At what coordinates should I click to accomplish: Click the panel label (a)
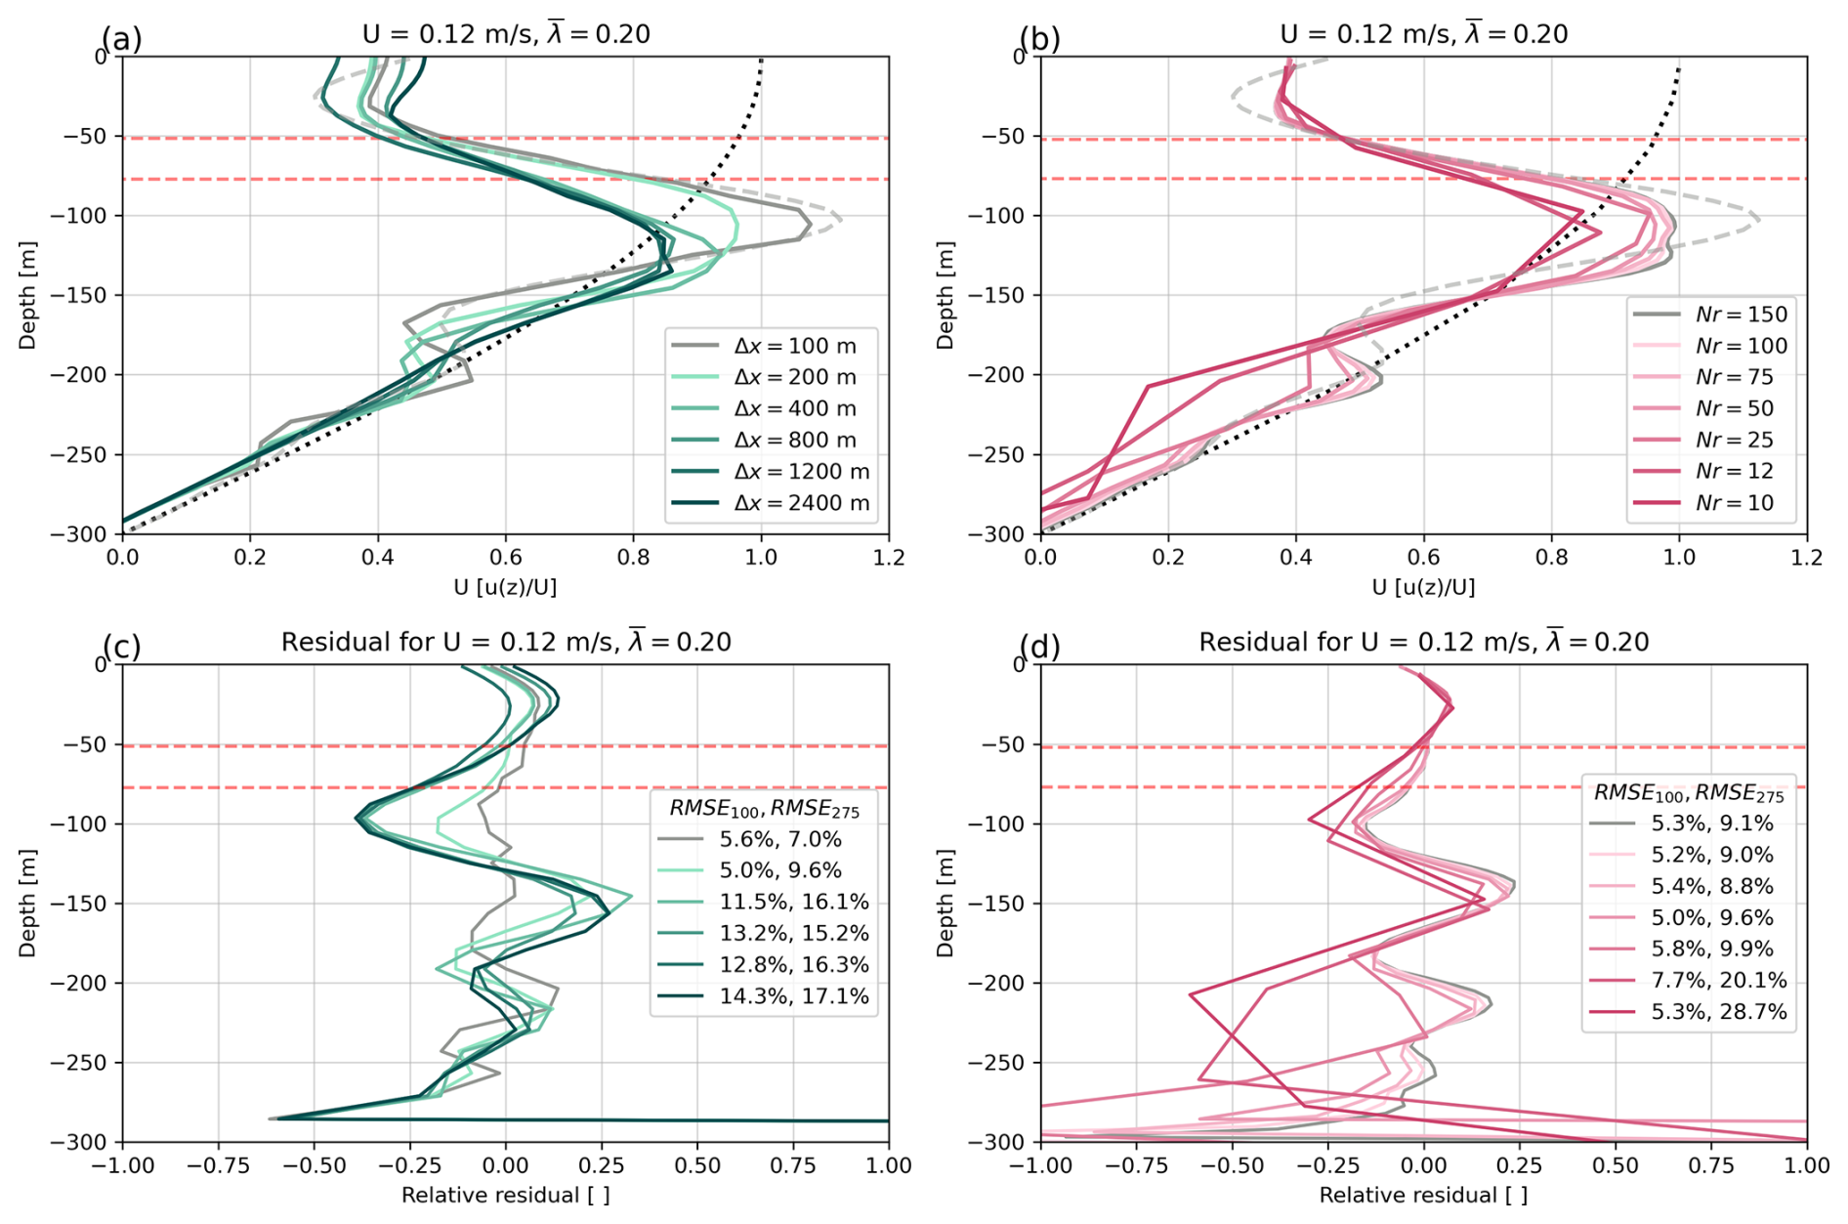[121, 39]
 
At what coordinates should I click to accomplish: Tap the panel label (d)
[1039, 647]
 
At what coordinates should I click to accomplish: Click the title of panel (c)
[506, 642]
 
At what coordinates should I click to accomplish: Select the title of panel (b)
[1423, 34]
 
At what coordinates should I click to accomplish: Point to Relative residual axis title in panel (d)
[1423, 1195]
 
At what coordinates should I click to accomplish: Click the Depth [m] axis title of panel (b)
[945, 295]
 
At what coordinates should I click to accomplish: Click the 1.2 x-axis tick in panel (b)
[1806, 558]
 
